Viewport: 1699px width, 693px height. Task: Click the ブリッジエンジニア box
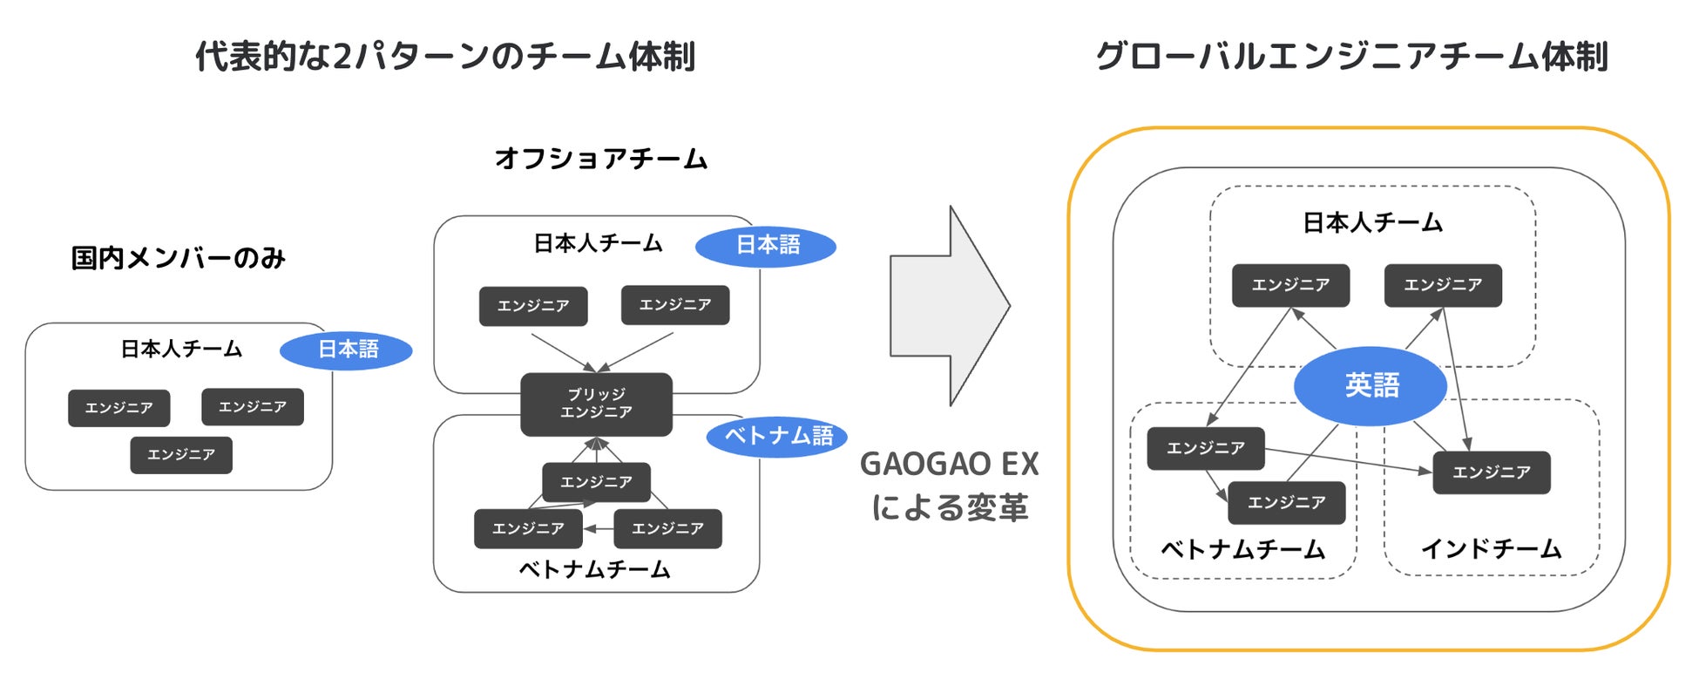pos(596,404)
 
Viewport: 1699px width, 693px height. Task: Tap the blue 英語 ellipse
pos(1371,385)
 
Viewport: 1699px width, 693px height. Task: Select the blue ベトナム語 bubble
pos(777,436)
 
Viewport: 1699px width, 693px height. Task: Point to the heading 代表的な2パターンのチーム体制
pos(444,57)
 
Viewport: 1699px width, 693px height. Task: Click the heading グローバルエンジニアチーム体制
pos(1350,57)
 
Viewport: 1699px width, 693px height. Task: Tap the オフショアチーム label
pos(600,159)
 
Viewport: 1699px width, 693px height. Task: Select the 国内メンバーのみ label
pos(179,258)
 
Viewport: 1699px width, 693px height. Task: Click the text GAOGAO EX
pos(949,464)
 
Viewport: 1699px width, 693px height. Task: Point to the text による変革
pos(949,507)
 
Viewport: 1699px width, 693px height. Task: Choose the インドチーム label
pos(1491,548)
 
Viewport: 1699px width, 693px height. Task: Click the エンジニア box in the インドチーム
pos(1491,472)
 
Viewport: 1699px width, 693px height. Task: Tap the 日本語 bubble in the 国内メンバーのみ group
pos(346,350)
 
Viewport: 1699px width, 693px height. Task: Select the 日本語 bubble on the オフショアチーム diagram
pos(766,245)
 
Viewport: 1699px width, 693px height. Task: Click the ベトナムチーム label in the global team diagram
pos(1242,549)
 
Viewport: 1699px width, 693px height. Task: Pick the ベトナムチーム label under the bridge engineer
pos(594,569)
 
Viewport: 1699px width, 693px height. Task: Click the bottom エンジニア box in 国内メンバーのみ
pos(181,455)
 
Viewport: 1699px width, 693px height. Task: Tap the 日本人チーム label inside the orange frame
pos(1372,223)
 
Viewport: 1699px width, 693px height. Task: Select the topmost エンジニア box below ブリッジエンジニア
pos(596,482)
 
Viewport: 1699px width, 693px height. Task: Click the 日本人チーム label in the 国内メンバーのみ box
pos(181,350)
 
